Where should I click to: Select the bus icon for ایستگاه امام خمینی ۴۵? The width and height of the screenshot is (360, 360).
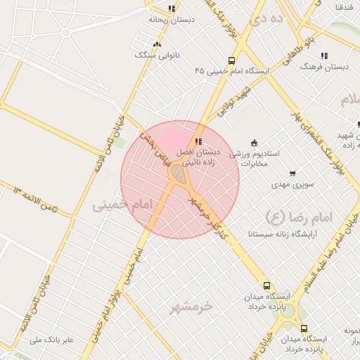(x=232, y=60)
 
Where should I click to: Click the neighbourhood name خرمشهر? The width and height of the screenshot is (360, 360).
(x=192, y=306)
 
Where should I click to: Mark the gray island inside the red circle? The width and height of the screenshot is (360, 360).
(x=179, y=174)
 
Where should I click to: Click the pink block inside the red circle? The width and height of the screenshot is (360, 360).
(x=172, y=136)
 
